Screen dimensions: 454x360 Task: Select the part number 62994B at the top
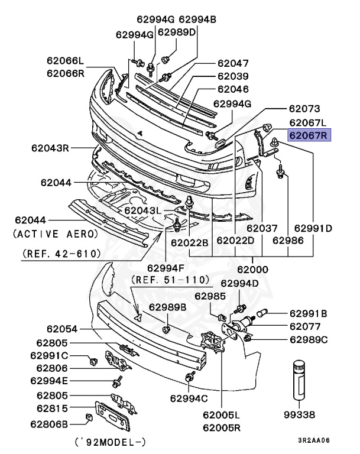click(x=197, y=20)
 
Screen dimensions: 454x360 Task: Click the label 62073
click(x=304, y=109)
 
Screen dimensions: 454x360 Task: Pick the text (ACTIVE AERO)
click(x=56, y=234)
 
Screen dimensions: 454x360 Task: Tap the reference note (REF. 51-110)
click(x=170, y=279)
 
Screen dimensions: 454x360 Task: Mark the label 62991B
click(x=308, y=313)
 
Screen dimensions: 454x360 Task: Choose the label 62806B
click(x=50, y=423)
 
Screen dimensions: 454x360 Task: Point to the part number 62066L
click(x=66, y=61)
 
